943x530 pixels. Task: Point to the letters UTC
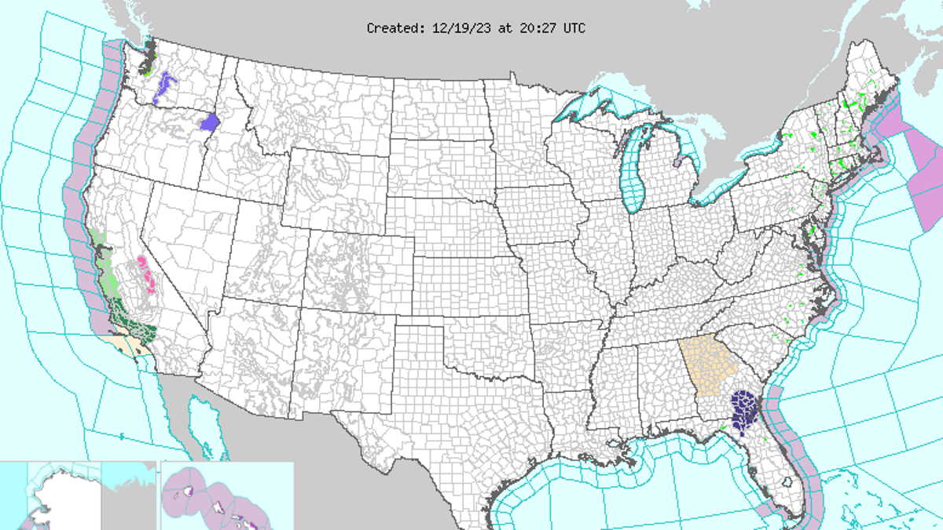573,28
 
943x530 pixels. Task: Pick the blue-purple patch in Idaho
210,122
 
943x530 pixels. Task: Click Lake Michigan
632,173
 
